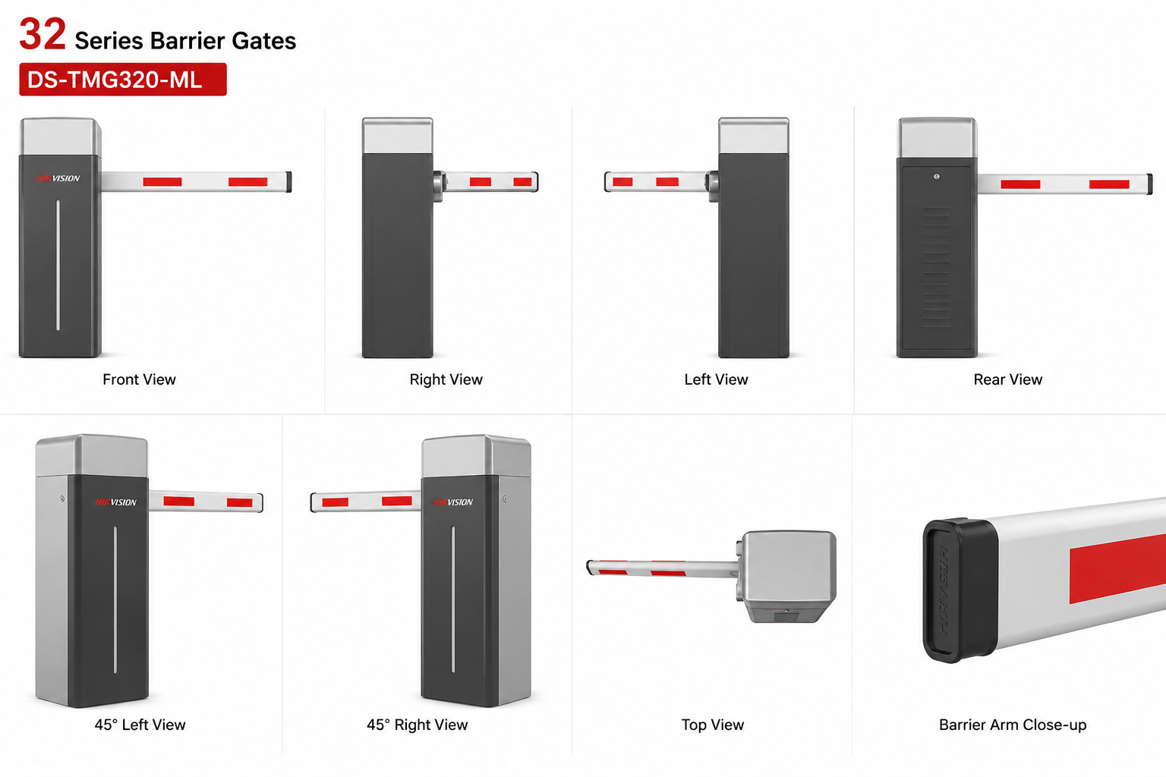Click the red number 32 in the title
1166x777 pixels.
point(43,34)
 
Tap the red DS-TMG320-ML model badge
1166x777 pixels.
point(123,80)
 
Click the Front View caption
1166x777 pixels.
point(139,379)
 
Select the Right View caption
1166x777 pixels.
point(446,379)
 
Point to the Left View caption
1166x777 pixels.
point(716,379)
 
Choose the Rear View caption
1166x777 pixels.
point(1008,379)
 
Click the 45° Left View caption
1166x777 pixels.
point(140,725)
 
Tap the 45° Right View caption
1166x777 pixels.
point(417,725)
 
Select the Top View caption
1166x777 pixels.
point(713,725)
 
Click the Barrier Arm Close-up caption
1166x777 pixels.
point(1013,725)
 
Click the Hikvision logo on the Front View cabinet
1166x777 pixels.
point(58,178)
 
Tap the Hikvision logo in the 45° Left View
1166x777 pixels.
point(115,502)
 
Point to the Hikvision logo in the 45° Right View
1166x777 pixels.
point(453,502)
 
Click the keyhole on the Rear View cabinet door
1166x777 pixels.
point(937,177)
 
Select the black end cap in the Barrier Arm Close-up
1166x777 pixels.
point(960,590)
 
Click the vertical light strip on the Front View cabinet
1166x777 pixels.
point(58,265)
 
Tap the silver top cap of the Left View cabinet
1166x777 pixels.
point(753,135)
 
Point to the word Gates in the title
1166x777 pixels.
point(264,40)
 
